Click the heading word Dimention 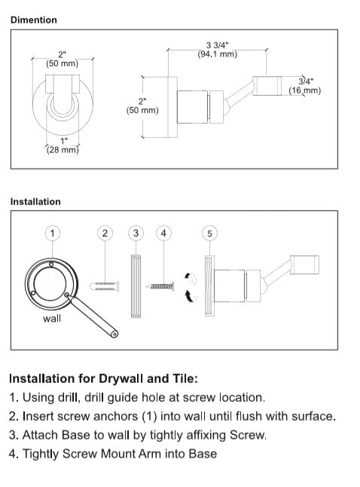tap(34, 20)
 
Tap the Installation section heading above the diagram tap(35, 201)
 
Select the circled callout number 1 tap(53, 233)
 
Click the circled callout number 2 tap(105, 233)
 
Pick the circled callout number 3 tap(136, 233)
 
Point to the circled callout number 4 tap(163, 233)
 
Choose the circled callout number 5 tap(209, 233)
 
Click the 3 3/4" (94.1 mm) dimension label tap(217, 50)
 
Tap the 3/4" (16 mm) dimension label tap(305, 86)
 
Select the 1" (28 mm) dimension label tap(63, 145)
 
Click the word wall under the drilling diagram tap(52, 318)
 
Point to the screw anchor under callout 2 tap(104, 286)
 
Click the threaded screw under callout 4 tap(160, 286)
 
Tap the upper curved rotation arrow tap(191, 278)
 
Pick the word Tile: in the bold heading tap(185, 378)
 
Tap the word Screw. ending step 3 tap(249, 435)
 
